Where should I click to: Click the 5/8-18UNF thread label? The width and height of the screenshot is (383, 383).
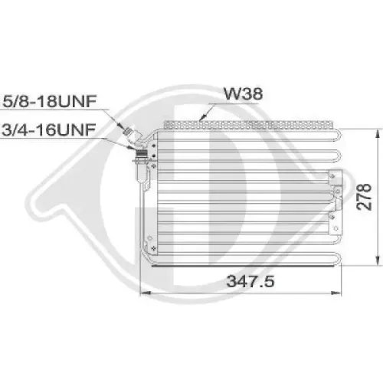pos(50,101)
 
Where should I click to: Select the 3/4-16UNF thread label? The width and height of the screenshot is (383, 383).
pos(49,129)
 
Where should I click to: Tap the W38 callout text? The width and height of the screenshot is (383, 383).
pos(243,93)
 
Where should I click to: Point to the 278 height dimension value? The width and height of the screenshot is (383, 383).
pos(364,197)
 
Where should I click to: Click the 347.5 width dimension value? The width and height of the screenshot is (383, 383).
pos(250,281)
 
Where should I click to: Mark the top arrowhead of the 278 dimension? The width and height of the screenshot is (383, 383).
pos(378,135)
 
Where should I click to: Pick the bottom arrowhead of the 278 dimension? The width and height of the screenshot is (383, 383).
pos(378,260)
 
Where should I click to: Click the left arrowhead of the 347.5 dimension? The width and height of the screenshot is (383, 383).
pos(146,293)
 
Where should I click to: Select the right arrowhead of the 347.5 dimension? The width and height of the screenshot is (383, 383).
pos(336,293)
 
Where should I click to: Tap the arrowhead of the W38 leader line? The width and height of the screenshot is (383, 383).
pos(202,117)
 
